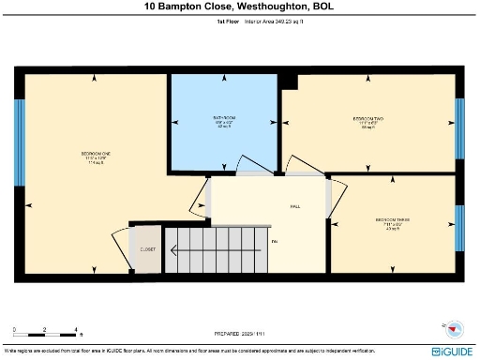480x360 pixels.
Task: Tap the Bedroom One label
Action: [95, 157]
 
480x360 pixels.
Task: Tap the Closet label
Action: [148, 250]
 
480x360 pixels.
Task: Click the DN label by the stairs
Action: [275, 243]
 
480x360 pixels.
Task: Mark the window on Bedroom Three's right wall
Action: [459, 227]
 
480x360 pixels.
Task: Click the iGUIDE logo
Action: [450, 351]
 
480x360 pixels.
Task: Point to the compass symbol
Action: [454, 330]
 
